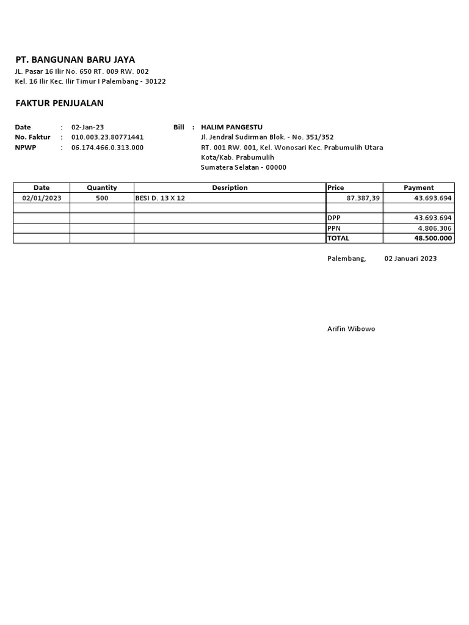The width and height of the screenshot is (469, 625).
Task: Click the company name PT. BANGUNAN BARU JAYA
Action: click(75, 60)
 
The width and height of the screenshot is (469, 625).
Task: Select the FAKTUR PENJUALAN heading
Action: click(59, 103)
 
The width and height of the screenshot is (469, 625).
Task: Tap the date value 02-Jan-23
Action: click(88, 128)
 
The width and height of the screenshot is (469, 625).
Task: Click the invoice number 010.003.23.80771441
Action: click(107, 137)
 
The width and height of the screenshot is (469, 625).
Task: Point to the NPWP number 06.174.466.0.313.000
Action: click(107, 148)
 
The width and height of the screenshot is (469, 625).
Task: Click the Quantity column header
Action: click(101, 188)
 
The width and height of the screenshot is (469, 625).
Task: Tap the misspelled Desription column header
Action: click(230, 188)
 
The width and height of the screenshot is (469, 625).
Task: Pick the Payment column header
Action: click(418, 188)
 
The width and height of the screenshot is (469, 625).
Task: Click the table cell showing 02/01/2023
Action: click(42, 198)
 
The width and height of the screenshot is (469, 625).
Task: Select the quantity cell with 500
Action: click(101, 198)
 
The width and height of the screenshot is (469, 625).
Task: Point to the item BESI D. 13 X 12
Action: click(160, 198)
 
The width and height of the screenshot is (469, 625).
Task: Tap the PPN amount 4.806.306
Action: click(434, 228)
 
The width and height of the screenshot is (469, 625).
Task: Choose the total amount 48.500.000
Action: click(433, 238)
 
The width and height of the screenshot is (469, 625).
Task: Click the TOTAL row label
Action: click(338, 238)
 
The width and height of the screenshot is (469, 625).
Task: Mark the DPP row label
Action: click(334, 218)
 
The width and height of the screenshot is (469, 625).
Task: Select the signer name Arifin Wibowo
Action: click(351, 329)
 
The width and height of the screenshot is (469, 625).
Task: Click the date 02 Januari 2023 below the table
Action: click(410, 259)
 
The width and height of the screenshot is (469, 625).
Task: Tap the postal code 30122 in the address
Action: click(155, 81)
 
